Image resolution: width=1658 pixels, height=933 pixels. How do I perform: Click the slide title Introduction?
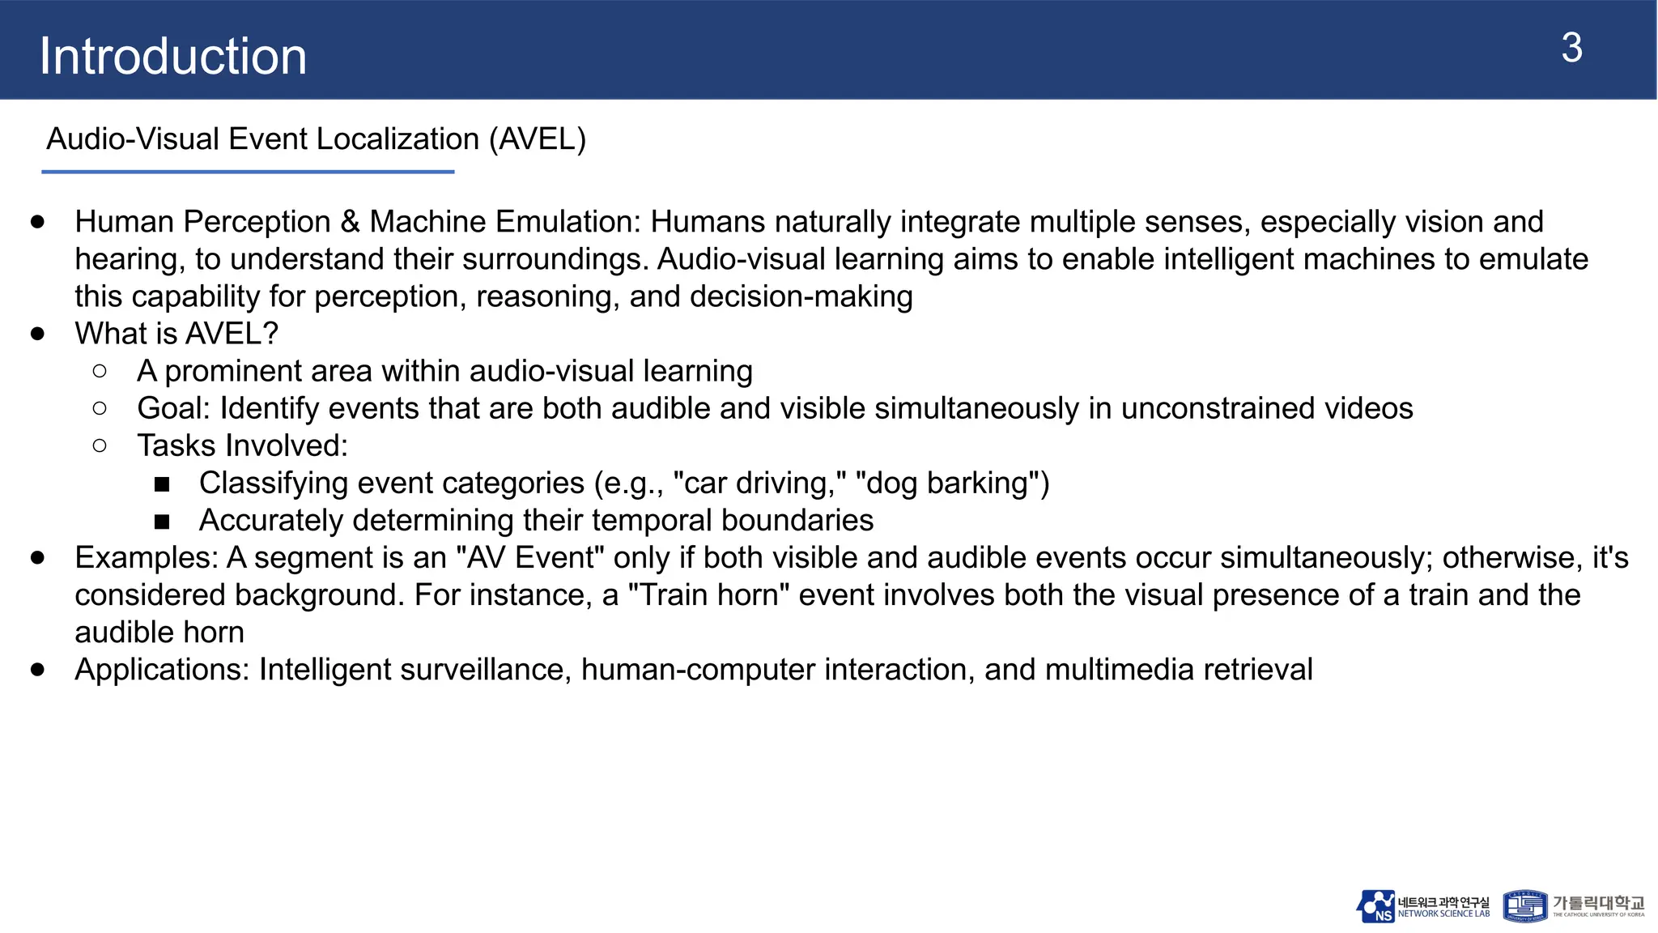(x=173, y=57)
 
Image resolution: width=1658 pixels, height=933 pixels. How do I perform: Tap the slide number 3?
(x=1571, y=49)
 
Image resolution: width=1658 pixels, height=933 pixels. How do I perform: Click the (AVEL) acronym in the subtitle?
(x=537, y=139)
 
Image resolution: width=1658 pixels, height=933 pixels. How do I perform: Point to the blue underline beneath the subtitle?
(x=248, y=172)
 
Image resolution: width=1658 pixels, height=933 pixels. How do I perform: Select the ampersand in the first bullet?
(x=350, y=222)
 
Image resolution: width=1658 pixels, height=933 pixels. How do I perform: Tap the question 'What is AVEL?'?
(x=176, y=334)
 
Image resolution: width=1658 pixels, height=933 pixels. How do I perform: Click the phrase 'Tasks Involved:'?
(x=242, y=445)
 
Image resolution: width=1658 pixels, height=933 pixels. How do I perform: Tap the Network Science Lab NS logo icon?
(x=1375, y=906)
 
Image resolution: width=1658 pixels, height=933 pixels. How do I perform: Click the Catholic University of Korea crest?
(x=1525, y=906)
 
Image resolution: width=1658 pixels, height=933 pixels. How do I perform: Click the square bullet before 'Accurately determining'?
(x=162, y=522)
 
